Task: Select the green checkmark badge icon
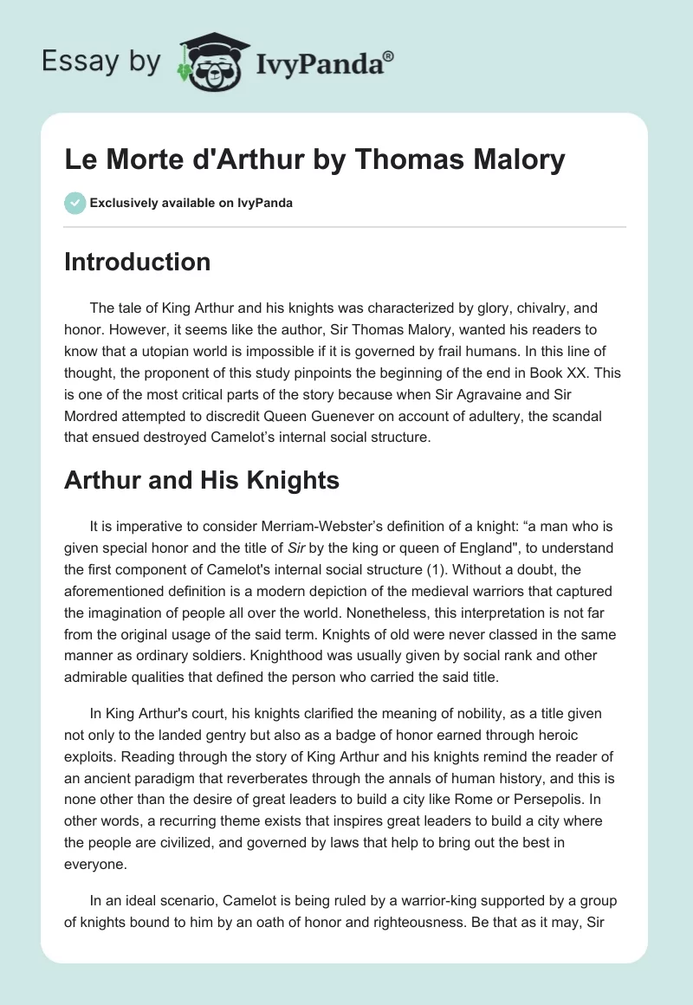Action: click(74, 203)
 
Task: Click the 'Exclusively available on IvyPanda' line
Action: click(191, 203)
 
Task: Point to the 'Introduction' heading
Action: click(137, 262)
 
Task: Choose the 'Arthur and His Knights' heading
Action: click(202, 481)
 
